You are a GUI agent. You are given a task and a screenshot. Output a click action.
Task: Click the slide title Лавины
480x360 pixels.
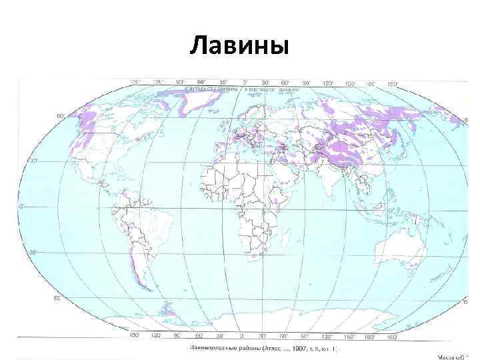coord(239,47)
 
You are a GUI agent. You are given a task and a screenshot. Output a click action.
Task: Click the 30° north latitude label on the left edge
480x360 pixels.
coord(33,161)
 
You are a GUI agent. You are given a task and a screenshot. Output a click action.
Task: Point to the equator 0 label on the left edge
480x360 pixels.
coord(22,207)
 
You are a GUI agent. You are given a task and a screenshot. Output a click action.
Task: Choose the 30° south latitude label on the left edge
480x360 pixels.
coord(33,252)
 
